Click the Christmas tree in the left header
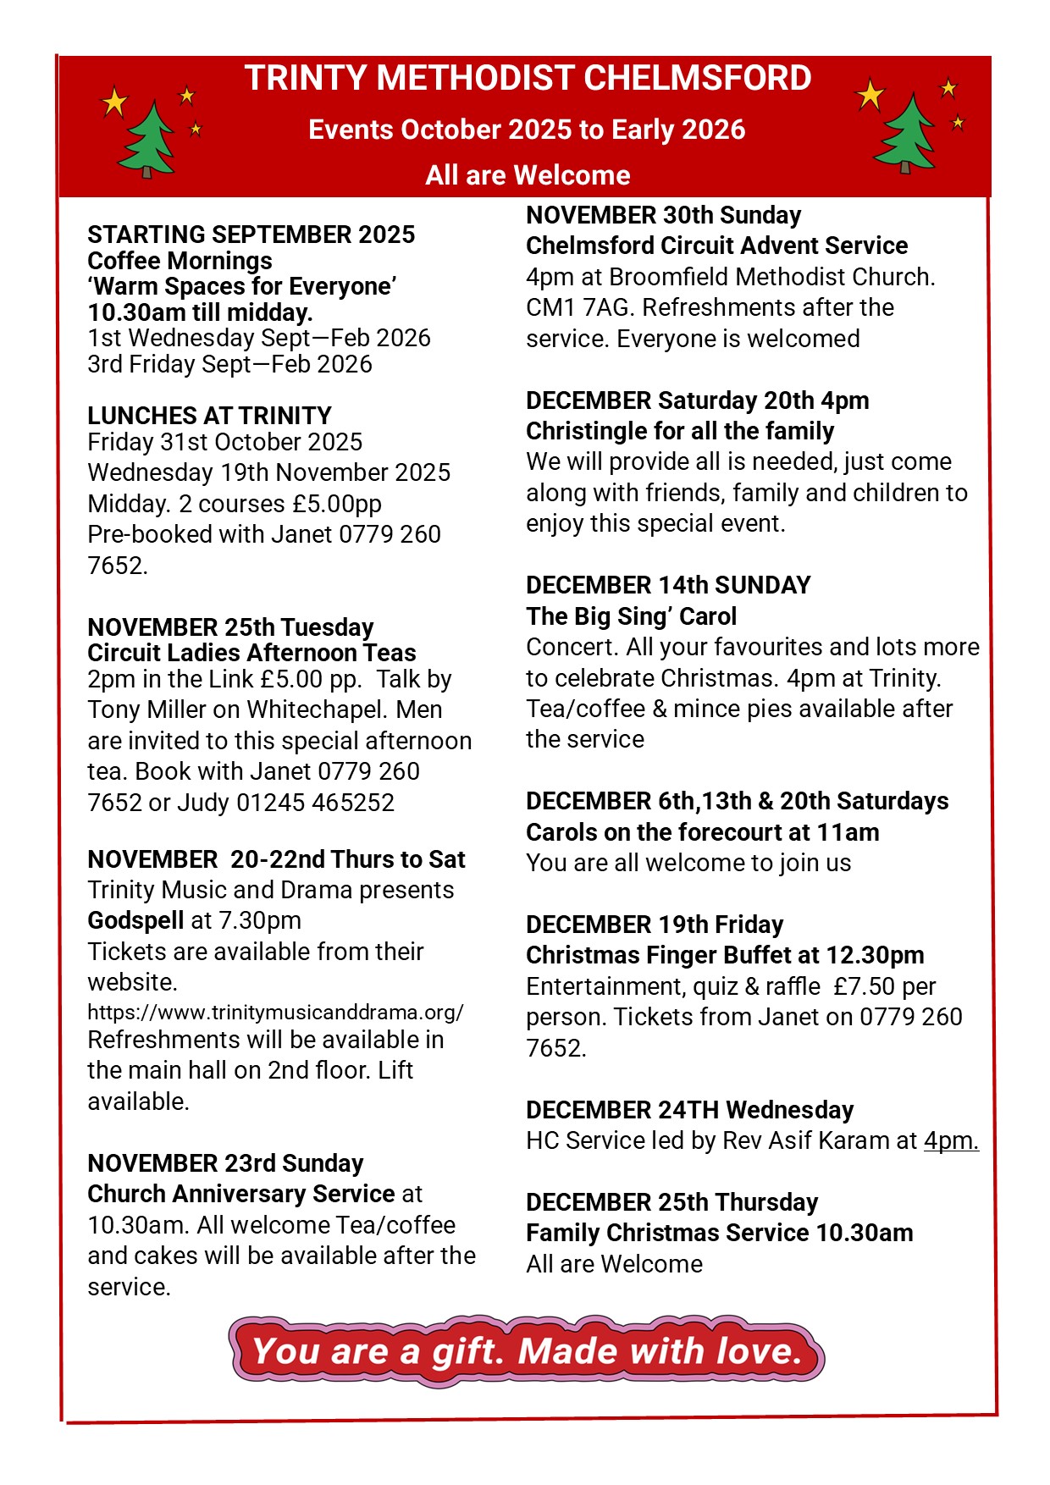tap(146, 140)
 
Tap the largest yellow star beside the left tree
tap(113, 102)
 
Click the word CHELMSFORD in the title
tap(698, 78)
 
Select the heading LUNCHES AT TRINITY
tap(209, 416)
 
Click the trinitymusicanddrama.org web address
tap(275, 1012)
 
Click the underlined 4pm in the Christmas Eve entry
tap(951, 1140)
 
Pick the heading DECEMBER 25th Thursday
tap(671, 1202)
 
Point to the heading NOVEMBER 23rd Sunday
tap(225, 1163)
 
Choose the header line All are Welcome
tap(528, 175)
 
